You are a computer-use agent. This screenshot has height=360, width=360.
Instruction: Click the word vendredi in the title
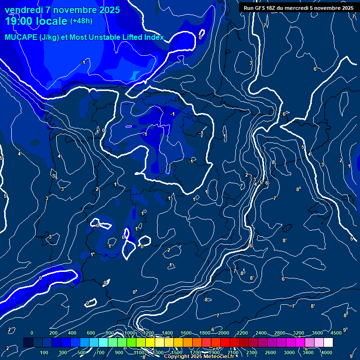point(24,10)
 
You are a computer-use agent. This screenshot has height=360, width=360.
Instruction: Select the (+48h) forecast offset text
point(81,21)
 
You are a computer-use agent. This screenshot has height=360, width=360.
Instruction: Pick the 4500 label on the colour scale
point(336,333)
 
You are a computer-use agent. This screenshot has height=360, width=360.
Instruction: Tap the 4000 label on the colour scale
point(327,352)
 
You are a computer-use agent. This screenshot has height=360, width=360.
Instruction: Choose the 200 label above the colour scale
point(53,333)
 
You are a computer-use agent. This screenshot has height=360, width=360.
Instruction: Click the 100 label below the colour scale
point(44,352)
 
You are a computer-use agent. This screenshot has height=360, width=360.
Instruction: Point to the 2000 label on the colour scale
point(224,333)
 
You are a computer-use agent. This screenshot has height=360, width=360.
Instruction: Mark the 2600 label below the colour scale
point(270,352)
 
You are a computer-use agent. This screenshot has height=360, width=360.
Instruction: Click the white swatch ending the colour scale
point(328,343)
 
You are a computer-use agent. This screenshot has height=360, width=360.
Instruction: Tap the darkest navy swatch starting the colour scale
point(28,343)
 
